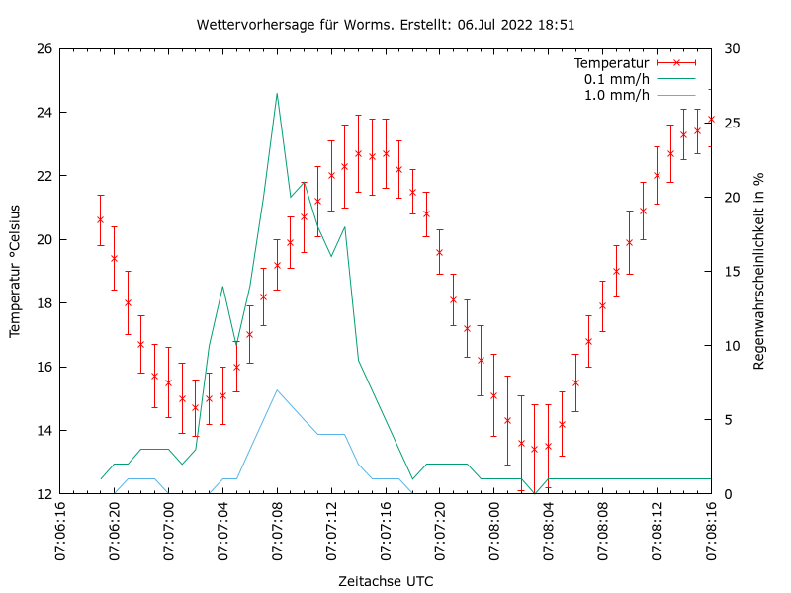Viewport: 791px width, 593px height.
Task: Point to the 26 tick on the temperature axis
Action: point(44,48)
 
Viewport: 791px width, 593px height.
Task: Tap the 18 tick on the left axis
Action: point(44,303)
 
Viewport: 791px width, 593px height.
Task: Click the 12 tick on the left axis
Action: point(44,493)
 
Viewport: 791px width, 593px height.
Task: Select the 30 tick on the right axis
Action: point(733,48)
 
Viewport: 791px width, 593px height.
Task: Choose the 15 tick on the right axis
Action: point(733,271)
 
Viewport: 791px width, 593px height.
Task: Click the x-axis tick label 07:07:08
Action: point(277,531)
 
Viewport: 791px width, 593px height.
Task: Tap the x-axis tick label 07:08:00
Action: point(494,531)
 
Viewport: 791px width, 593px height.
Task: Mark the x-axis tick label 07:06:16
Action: point(60,531)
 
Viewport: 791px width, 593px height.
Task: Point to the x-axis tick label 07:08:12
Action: point(658,531)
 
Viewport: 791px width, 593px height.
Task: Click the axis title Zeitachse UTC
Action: point(386,580)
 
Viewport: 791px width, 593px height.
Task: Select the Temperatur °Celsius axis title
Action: point(15,271)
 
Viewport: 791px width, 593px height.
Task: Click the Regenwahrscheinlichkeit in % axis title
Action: point(759,271)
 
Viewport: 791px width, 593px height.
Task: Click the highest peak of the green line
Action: point(277,93)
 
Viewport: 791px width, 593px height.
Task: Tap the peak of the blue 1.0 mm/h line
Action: point(277,389)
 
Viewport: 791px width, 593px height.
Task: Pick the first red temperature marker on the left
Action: point(100,219)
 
